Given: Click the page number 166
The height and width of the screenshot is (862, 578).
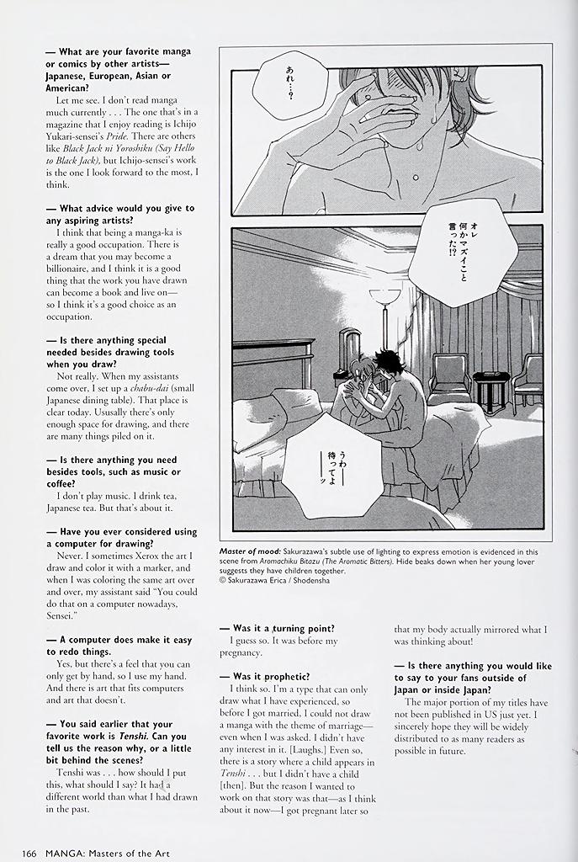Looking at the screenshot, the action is (x=29, y=854).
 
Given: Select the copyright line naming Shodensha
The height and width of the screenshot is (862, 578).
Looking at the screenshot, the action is (x=274, y=580).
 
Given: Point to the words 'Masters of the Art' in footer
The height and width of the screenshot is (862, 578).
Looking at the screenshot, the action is (x=129, y=854).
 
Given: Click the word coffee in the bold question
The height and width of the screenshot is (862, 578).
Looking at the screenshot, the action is (x=61, y=484).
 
